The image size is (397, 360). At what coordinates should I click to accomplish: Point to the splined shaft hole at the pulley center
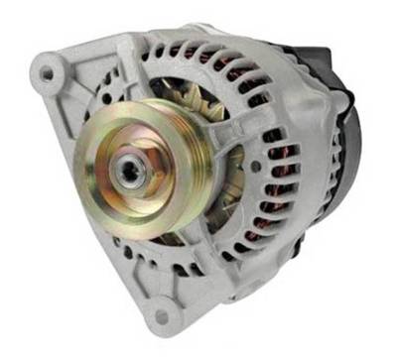pyautogui.click(x=128, y=170)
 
